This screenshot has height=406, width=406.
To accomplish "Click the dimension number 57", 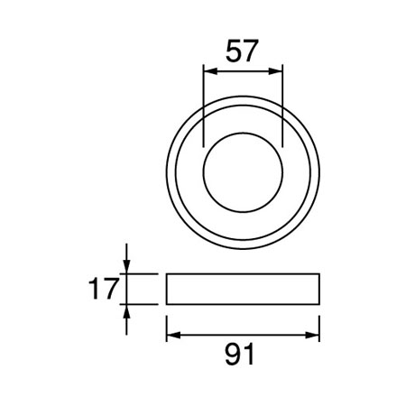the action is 242,51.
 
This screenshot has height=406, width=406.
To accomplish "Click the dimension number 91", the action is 240,355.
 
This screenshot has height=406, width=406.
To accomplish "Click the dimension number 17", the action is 103,289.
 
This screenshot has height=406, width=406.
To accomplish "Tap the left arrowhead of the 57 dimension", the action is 210,71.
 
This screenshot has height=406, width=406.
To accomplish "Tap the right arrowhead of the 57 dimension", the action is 275,71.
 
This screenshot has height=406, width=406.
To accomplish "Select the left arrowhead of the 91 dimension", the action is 173,335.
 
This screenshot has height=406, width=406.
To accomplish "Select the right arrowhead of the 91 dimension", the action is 312,335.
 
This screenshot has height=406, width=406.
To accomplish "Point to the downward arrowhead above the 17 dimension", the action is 126,267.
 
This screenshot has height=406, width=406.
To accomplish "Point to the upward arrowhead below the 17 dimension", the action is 126,311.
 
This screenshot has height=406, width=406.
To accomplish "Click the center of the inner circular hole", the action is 243,172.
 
